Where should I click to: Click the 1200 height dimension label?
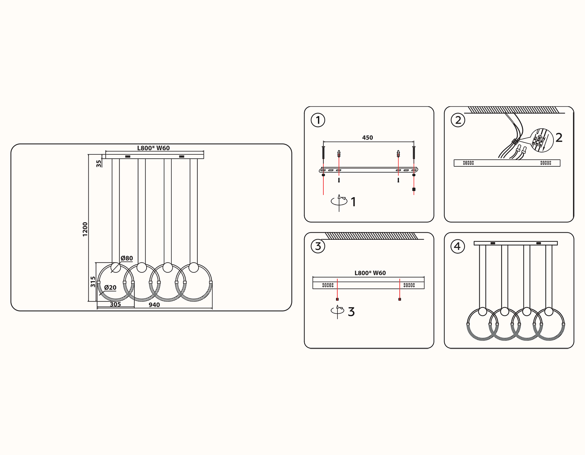(x=85, y=229)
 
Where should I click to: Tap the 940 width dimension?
(x=154, y=305)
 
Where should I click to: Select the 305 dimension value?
(x=115, y=305)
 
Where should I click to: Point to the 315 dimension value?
(x=93, y=281)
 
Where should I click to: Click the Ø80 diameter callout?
(x=127, y=258)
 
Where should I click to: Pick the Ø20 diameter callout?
(x=110, y=288)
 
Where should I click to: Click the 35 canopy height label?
(x=99, y=163)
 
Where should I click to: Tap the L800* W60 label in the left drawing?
(x=153, y=148)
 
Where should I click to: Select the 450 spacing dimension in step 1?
(x=367, y=138)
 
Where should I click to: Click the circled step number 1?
(x=318, y=120)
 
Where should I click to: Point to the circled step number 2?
(x=458, y=120)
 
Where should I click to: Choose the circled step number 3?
(x=318, y=246)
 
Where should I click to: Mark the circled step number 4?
(x=457, y=246)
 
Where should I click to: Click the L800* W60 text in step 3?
(x=370, y=273)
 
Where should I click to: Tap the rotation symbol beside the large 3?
(x=337, y=311)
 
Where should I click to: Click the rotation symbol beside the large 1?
(x=339, y=202)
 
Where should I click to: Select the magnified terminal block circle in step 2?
(x=542, y=140)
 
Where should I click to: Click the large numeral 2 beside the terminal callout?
(x=559, y=138)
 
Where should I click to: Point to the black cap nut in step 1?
(x=414, y=189)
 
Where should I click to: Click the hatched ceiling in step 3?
(x=371, y=236)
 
